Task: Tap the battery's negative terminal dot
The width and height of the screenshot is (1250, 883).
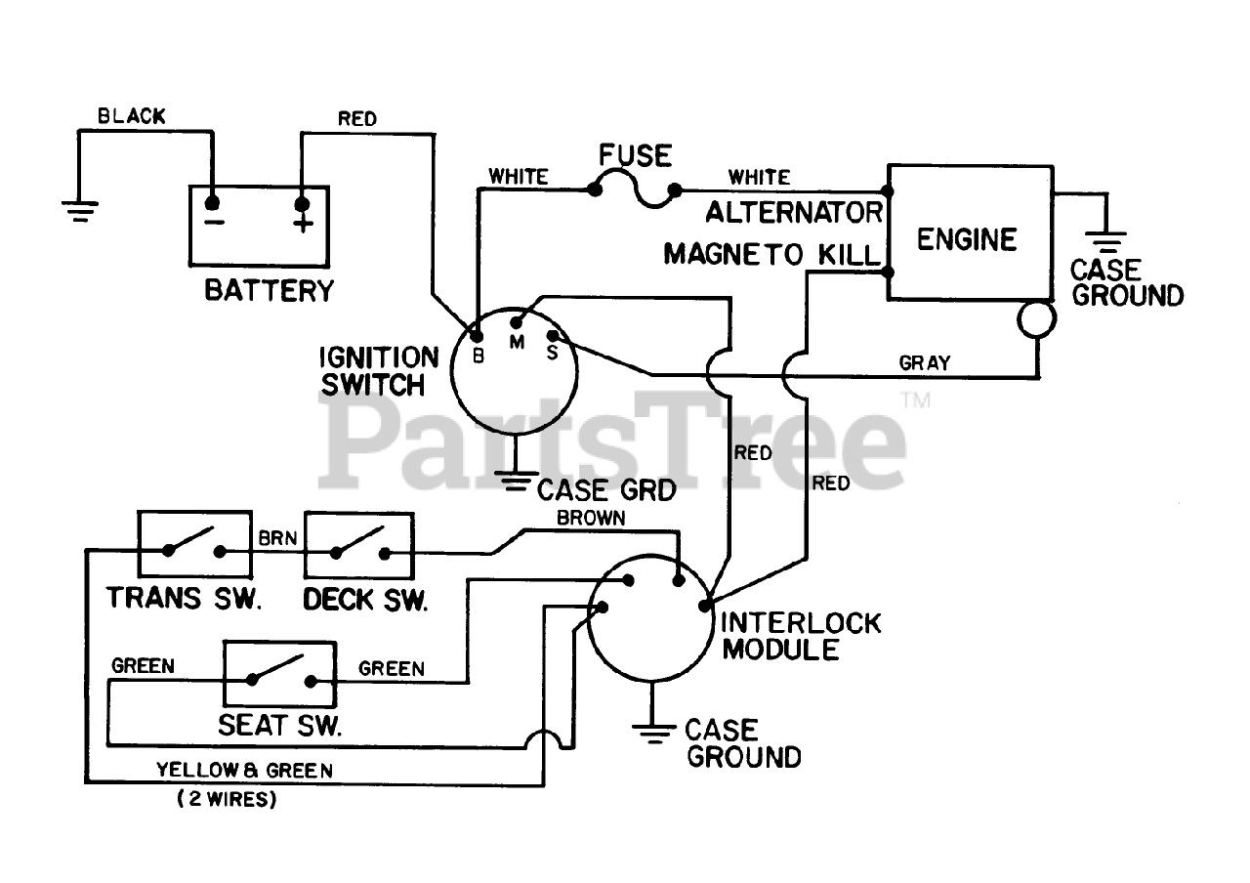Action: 211,203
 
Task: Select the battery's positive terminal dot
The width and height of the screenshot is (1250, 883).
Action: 303,203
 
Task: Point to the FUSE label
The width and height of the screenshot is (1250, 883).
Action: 635,155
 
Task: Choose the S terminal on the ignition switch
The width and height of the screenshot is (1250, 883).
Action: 552,336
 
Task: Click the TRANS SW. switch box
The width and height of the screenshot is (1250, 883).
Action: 194,545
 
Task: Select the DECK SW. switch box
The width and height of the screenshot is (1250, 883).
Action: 359,545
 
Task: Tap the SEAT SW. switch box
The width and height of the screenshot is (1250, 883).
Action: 281,674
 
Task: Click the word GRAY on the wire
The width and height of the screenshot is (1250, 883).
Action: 924,363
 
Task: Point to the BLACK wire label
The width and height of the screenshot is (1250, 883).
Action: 132,116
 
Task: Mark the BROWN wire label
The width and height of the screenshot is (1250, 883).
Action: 591,519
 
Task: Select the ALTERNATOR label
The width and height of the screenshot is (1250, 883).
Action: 794,212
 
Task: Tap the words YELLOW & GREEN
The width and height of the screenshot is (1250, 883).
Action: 244,771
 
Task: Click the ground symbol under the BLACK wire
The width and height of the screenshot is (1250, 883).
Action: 80,210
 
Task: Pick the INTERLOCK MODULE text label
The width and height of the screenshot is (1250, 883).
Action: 800,636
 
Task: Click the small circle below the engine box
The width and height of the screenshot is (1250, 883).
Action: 1036,318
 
